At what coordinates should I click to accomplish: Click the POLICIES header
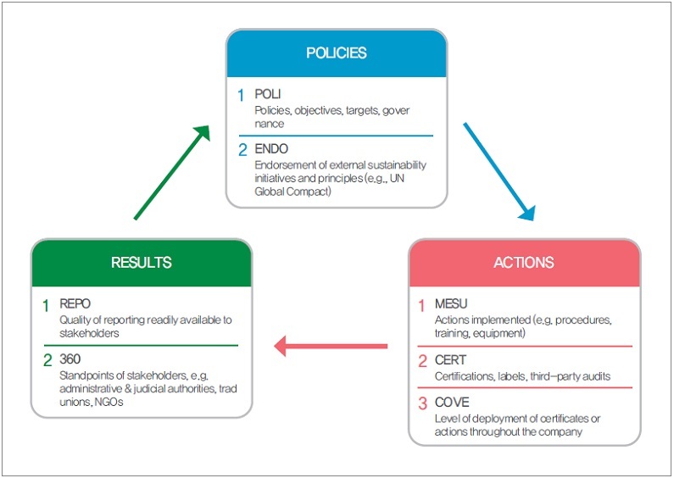(336, 53)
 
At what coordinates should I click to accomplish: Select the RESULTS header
(142, 263)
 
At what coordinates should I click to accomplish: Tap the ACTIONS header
(524, 263)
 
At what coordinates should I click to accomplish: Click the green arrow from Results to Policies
(172, 172)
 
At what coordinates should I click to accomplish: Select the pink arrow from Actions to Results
(331, 346)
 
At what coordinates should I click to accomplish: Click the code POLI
(268, 94)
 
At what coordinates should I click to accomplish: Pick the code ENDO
(271, 149)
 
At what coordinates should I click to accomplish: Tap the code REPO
(75, 303)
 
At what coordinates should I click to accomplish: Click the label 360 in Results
(70, 358)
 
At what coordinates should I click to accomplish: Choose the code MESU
(451, 303)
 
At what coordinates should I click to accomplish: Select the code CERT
(450, 360)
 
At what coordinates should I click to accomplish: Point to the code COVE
(451, 402)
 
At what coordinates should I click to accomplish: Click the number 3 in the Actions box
(422, 403)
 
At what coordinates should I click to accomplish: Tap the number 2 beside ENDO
(242, 150)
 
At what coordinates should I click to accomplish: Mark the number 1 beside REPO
(47, 304)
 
